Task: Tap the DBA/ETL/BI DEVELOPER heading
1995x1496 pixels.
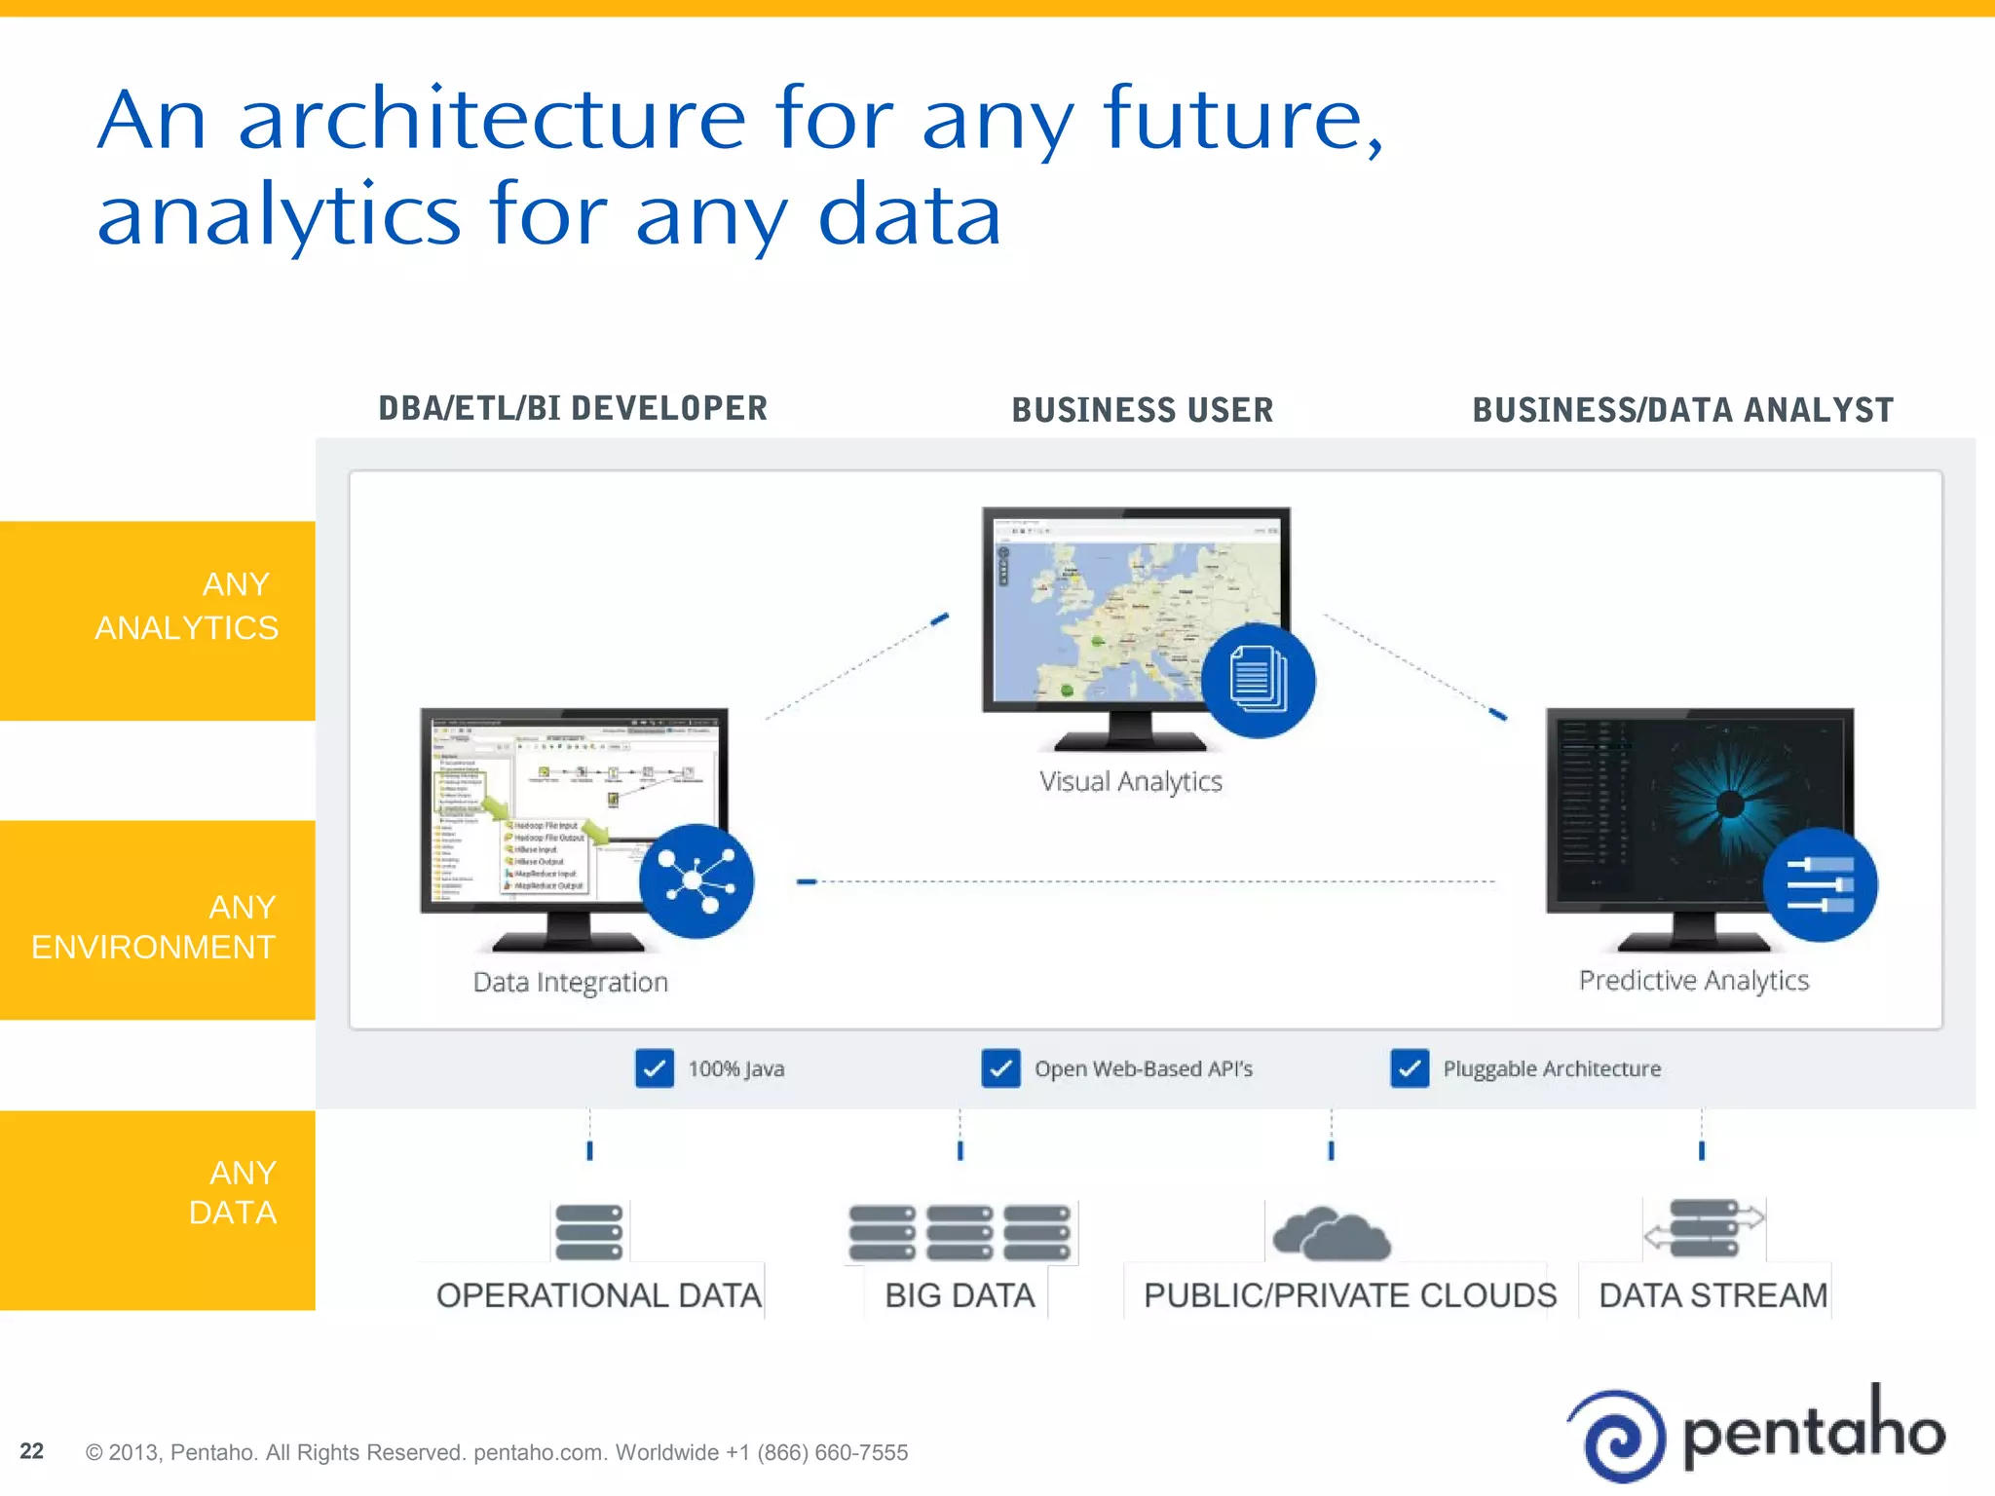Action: pos(573,408)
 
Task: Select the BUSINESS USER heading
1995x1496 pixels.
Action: pos(1142,410)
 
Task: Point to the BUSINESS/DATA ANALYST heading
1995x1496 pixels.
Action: pos(1682,410)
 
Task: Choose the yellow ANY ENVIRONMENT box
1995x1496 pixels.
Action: pos(158,920)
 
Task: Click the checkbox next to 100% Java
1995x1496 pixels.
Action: pos(654,1068)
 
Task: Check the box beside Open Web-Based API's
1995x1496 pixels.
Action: pos(1000,1068)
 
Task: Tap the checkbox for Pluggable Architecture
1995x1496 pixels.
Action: pos(1409,1068)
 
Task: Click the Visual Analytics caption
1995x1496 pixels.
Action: pos(1130,781)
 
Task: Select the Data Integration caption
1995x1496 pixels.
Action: pos(571,982)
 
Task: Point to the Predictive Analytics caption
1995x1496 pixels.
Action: pos(1693,980)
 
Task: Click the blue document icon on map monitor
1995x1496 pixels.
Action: pos(1258,680)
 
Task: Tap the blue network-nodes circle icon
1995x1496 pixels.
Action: pos(696,880)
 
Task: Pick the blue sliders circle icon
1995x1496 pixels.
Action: pos(1820,884)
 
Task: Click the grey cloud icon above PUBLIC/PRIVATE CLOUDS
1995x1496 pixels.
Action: pos(1332,1234)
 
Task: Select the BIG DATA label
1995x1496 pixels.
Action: pos(960,1295)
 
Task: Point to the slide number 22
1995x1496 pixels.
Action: pos(31,1451)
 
